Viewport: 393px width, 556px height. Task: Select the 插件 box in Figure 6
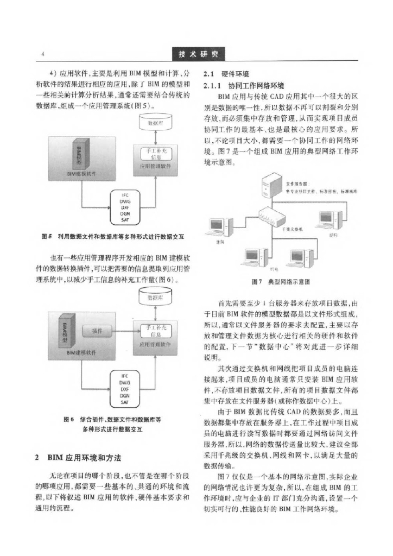[x=96, y=331]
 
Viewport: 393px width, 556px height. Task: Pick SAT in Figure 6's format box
[x=124, y=403]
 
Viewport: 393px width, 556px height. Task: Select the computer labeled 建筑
[x=222, y=226]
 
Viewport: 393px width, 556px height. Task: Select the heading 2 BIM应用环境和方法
[x=86, y=458]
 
